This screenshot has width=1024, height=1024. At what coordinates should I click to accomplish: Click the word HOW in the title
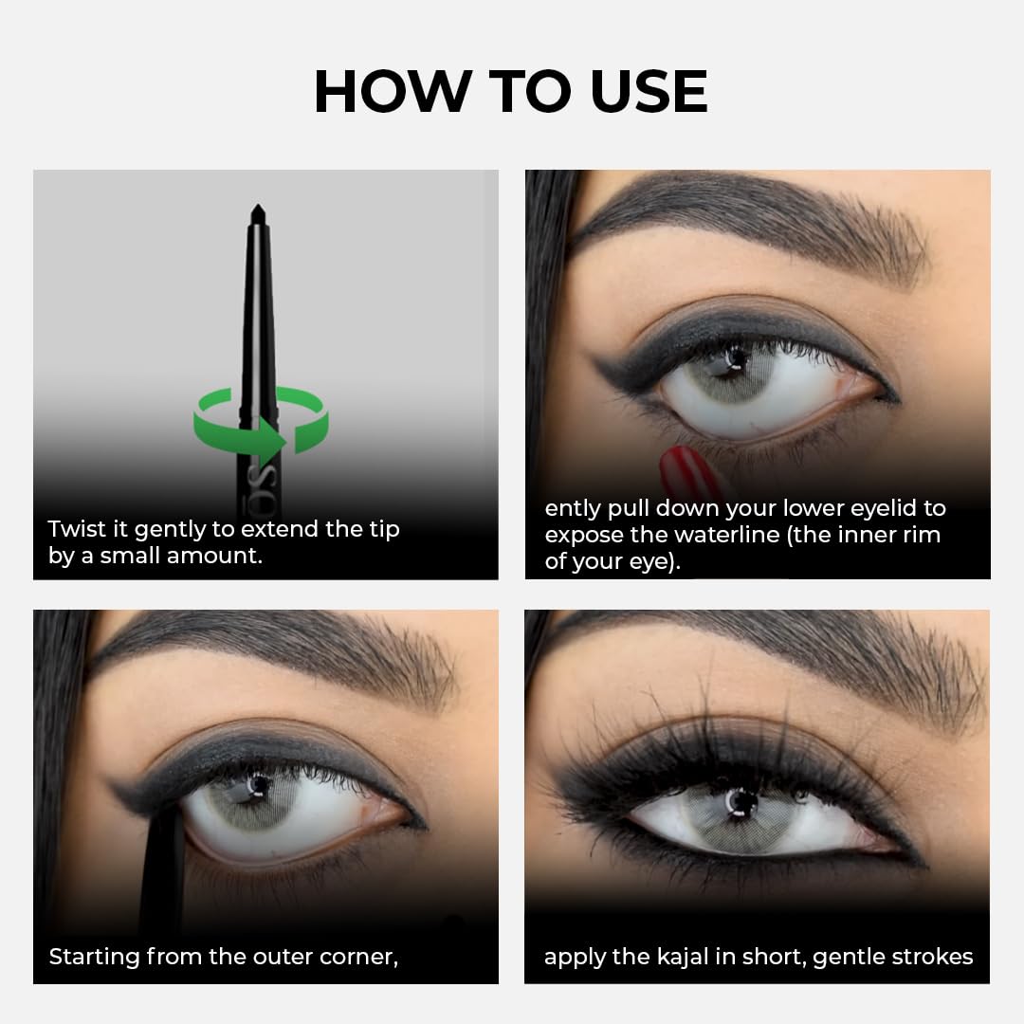pyautogui.click(x=393, y=92)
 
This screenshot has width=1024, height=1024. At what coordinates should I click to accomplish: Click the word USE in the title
pyautogui.click(x=649, y=92)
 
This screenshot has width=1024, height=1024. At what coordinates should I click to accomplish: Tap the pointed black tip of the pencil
pyautogui.click(x=256, y=213)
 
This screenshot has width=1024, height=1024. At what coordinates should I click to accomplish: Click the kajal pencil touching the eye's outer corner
pyautogui.click(x=161, y=853)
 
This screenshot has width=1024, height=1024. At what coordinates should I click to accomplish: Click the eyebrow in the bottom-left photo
pyautogui.click(x=284, y=654)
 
